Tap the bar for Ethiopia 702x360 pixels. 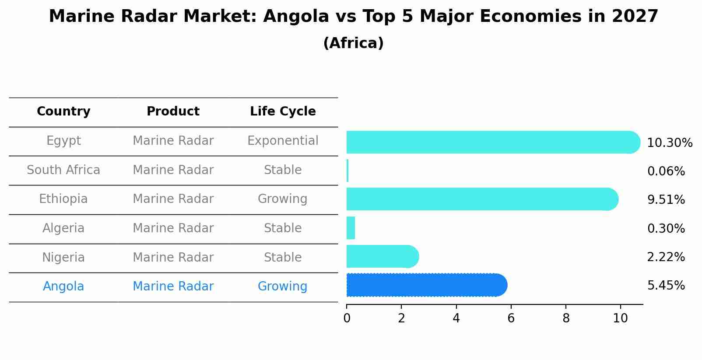(481, 199)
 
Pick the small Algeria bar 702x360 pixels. (351, 228)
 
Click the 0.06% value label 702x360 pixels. (666, 171)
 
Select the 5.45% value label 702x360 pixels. (666, 286)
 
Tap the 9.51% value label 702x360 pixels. (666, 200)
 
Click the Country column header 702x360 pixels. (63, 112)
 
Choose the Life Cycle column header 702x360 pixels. (283, 112)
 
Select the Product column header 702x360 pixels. (173, 112)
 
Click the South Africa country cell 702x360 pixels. (63, 170)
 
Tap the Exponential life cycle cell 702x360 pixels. (283, 141)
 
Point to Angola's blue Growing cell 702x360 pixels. (283, 287)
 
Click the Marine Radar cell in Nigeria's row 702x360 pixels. (173, 257)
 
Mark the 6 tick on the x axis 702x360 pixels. (511, 318)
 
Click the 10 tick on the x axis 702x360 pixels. (620, 318)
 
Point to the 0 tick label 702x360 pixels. (347, 318)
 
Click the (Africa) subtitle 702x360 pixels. (353, 43)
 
